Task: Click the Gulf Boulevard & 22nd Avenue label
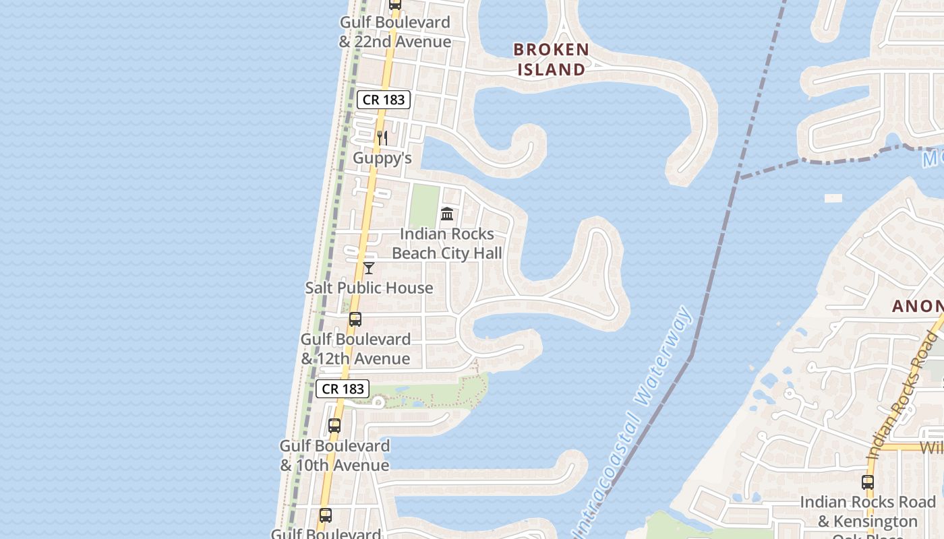[x=395, y=32]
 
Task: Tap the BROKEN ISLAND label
[x=551, y=59]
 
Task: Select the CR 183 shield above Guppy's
[x=384, y=100]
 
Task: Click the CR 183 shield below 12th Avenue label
[x=343, y=389]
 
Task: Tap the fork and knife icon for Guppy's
[x=382, y=138]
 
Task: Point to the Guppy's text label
[x=382, y=158]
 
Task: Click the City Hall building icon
[x=446, y=214]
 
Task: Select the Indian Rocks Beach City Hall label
[x=447, y=243]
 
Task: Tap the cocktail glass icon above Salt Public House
[x=369, y=268]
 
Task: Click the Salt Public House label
[x=369, y=288]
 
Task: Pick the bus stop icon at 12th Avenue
[x=355, y=319]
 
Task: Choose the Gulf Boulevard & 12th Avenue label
[x=355, y=348]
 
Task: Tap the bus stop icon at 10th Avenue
[x=334, y=426]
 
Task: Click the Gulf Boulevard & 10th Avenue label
[x=334, y=455]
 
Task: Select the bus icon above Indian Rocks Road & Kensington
[x=868, y=482]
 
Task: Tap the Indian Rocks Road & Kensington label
[x=868, y=511]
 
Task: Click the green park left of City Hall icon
[x=424, y=205]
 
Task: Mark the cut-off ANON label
[x=917, y=306]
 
